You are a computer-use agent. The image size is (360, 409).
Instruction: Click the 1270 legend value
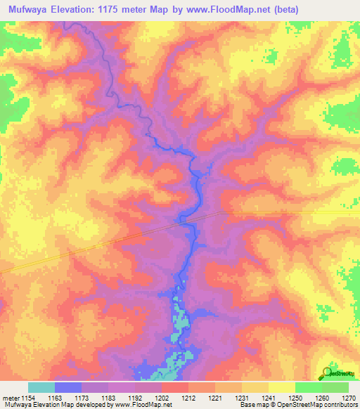348,397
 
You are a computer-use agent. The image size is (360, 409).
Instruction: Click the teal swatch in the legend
41,387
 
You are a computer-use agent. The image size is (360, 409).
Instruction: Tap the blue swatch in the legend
68,387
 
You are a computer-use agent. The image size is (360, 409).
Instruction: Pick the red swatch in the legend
174,387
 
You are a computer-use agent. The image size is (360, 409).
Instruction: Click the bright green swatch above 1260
308,387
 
